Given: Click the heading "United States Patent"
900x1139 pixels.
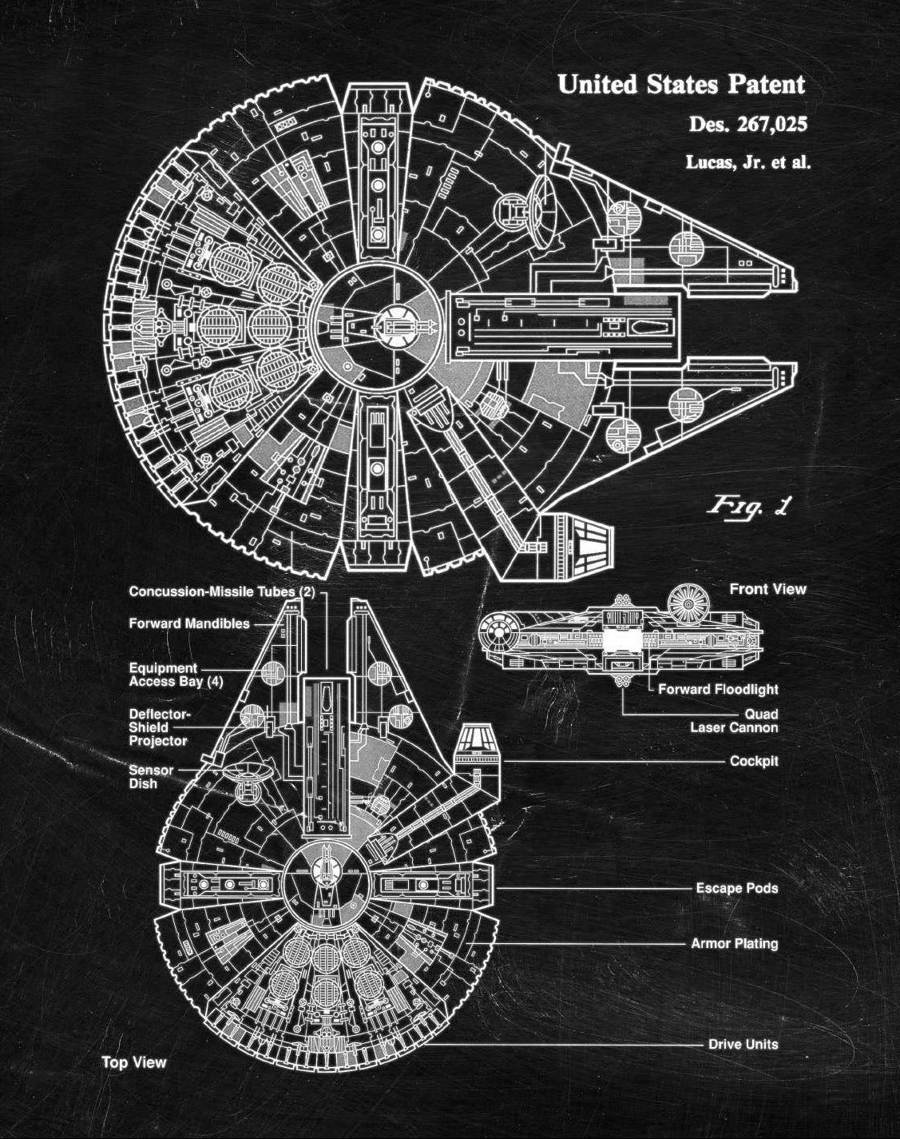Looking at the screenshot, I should [x=681, y=84].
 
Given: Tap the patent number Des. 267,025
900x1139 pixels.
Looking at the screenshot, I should [x=747, y=125].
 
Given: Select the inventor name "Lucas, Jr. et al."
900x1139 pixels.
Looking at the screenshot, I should [x=747, y=162].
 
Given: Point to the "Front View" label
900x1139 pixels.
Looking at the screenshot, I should [x=767, y=589].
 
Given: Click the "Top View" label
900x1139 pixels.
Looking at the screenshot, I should [x=133, y=1062].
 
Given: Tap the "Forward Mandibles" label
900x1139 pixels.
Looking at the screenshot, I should [x=189, y=623].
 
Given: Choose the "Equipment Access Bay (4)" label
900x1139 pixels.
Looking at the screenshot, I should [x=176, y=675].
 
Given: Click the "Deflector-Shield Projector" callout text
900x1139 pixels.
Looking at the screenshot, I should [x=159, y=727].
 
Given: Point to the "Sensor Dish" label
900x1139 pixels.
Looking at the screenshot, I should [x=151, y=777].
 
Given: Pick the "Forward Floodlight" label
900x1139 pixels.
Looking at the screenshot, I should [x=718, y=689].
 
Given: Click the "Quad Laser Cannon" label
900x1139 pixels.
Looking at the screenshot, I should [x=734, y=720].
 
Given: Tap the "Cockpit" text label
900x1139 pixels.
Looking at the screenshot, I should [x=754, y=761].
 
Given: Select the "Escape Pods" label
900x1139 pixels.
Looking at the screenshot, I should [x=736, y=888].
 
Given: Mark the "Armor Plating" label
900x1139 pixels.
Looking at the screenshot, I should [x=734, y=944].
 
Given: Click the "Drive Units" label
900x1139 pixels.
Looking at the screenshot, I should [x=743, y=1044].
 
